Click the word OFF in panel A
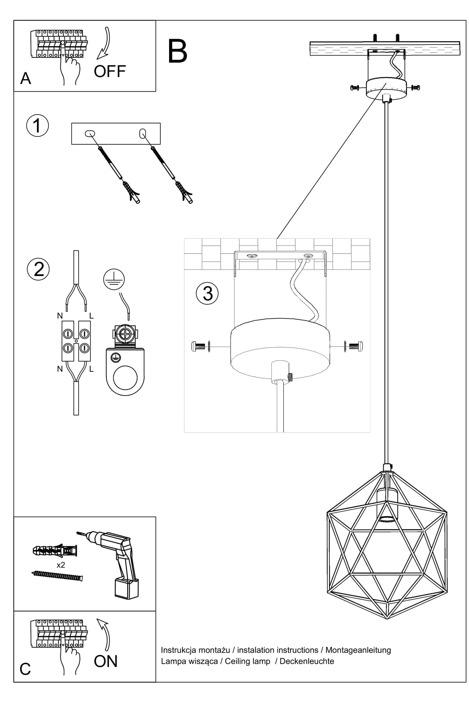click(110, 71)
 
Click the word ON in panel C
click(106, 661)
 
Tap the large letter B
click(178, 52)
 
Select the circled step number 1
click(38, 126)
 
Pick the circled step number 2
click(38, 269)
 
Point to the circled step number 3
click(207, 293)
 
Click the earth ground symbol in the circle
click(114, 279)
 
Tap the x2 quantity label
click(61, 565)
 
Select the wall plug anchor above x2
click(55, 550)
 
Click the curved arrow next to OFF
click(105, 44)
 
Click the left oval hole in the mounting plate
click(90, 133)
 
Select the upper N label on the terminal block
click(60, 316)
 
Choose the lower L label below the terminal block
click(92, 369)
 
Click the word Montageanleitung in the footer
click(358, 650)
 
